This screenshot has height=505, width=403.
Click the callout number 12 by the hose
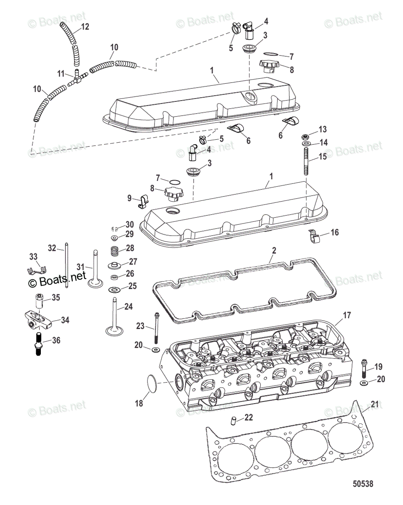point(85,27)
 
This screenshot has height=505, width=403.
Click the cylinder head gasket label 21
point(374,404)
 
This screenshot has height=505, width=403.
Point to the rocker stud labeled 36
point(37,344)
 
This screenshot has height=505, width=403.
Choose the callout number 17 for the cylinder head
point(347,315)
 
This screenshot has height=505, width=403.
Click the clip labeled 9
point(142,201)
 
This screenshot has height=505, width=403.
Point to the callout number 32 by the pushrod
point(52,248)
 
